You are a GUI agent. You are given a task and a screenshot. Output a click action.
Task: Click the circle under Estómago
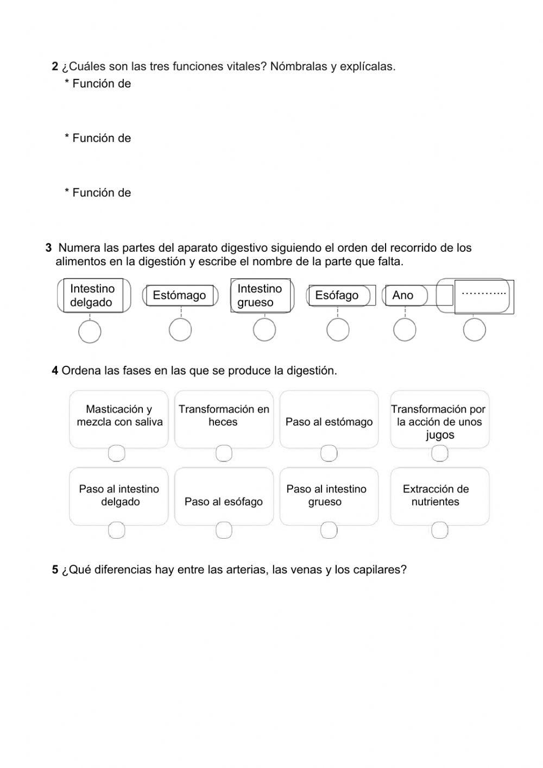coord(180,329)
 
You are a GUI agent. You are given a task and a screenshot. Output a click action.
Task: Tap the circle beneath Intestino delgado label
coord(90,331)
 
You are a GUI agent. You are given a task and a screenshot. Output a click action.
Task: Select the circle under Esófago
coord(338,329)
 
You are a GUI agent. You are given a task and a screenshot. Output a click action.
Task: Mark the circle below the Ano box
coord(405,329)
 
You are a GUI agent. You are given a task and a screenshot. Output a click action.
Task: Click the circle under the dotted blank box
coord(474,329)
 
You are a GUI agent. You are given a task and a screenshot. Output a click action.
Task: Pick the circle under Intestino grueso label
coord(264,329)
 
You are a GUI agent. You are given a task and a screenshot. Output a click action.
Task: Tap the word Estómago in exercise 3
coord(179,295)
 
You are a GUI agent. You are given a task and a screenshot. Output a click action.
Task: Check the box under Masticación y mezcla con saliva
coord(117,453)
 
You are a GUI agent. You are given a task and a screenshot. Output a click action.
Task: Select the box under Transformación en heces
coord(224,453)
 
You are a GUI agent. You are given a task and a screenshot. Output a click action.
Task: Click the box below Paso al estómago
coord(329,453)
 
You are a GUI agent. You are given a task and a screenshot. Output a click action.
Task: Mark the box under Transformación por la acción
coord(440,453)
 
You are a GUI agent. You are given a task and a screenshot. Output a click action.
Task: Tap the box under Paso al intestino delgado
coord(117,530)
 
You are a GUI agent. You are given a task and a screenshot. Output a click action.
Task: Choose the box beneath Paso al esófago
coord(224,530)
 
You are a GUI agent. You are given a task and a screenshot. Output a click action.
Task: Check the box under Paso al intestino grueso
coord(329,530)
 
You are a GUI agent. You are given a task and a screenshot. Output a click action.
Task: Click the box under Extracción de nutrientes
coord(440,530)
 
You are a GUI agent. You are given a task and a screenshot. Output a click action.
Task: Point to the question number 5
coord(55,570)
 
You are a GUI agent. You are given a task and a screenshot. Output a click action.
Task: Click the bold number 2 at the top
coord(55,66)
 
